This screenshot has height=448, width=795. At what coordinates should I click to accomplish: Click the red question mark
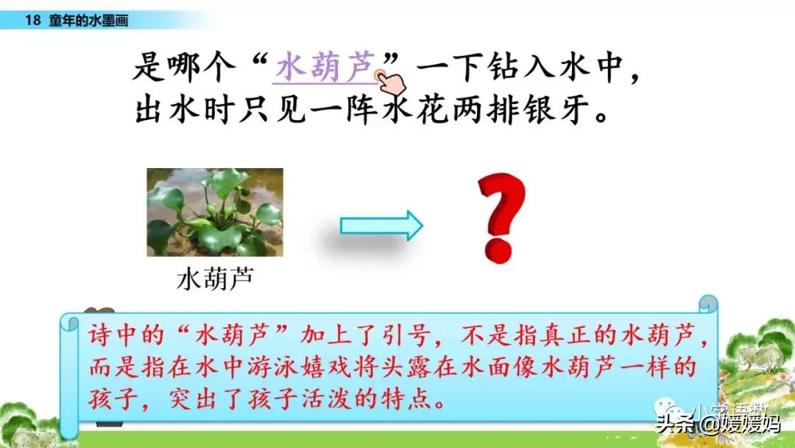click(x=502, y=217)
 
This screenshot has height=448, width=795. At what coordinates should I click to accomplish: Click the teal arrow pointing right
click(x=381, y=225)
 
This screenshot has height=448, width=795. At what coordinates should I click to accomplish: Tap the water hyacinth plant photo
click(x=214, y=212)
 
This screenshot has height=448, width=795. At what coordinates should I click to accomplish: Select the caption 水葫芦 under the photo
click(x=214, y=279)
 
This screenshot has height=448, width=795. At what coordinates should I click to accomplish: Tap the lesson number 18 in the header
click(x=32, y=21)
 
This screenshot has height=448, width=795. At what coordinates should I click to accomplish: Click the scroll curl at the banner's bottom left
click(x=70, y=429)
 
